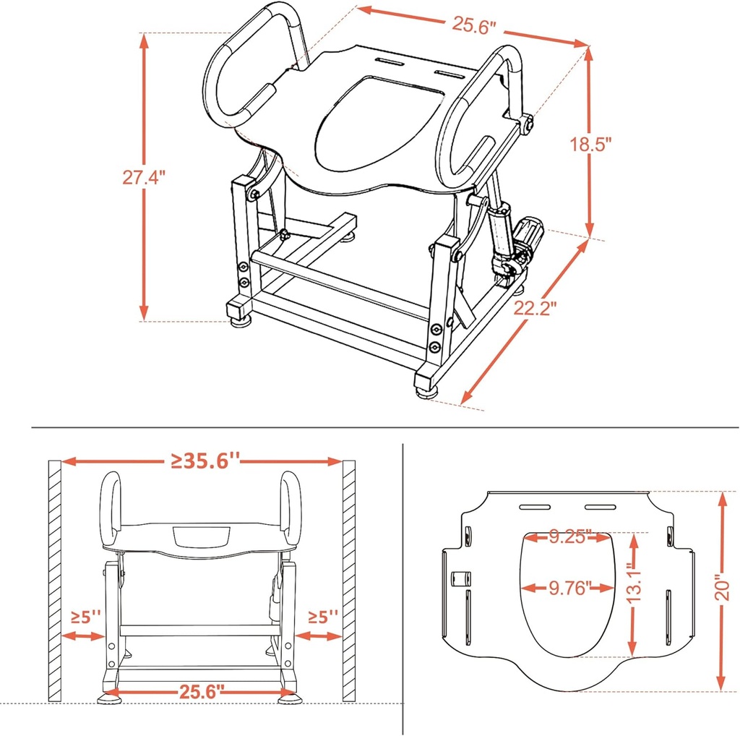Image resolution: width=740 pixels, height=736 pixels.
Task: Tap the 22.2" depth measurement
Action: coord(535,309)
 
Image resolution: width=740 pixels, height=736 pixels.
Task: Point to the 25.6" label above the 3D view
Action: coord(475,24)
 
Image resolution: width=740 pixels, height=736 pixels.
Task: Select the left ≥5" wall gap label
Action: coord(85,617)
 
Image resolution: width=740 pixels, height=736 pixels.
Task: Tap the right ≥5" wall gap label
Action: coord(322,617)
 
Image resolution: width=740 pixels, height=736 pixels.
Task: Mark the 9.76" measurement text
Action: coord(569,587)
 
